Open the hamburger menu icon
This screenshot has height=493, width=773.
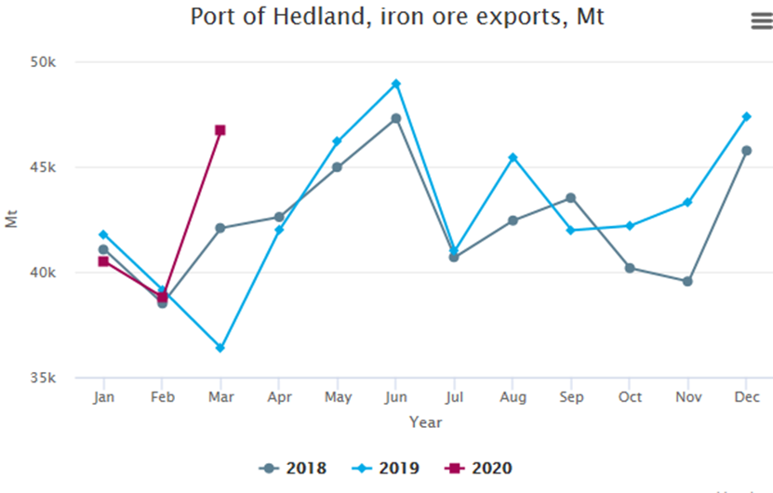tap(761, 22)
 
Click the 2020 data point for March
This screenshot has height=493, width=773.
tap(220, 130)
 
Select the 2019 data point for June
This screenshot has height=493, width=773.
tap(396, 84)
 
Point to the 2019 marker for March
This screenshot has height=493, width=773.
tap(220, 348)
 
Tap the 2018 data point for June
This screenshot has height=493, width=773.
tap(396, 118)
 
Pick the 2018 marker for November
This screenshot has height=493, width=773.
tap(687, 281)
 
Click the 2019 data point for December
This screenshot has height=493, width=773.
tap(746, 116)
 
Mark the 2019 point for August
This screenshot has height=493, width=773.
tap(513, 157)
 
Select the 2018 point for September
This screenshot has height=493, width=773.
tap(571, 197)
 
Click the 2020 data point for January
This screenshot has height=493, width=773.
tap(103, 261)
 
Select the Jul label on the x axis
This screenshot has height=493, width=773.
tap(454, 397)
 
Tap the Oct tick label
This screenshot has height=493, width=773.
tap(630, 397)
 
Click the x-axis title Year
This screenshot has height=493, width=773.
tap(425, 422)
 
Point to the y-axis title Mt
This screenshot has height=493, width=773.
tap(11, 220)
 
